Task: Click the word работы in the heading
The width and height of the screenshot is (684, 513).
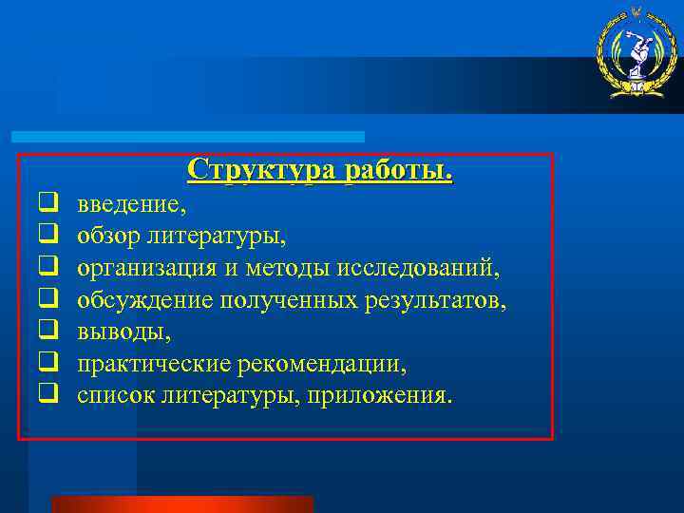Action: coord(399,169)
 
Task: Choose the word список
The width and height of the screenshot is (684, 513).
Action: coord(115,394)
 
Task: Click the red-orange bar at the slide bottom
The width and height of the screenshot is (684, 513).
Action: coord(181,503)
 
